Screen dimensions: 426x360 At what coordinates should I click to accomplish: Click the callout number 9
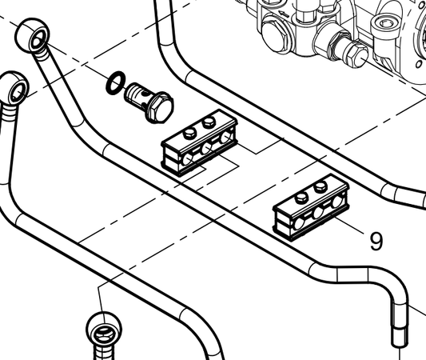(376, 241)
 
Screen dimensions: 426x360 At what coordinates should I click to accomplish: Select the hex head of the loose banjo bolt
(160, 108)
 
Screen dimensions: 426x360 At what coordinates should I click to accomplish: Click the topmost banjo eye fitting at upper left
(33, 34)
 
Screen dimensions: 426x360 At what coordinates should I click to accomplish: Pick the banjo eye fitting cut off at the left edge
(14, 87)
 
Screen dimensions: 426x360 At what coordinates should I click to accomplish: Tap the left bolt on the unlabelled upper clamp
(189, 134)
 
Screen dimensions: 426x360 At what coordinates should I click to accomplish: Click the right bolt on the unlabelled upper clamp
(209, 122)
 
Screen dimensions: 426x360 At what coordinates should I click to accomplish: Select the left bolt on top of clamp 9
(302, 198)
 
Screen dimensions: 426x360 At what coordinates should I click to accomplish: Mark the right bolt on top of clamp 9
(320, 186)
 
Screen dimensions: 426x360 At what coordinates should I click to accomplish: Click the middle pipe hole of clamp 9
(318, 212)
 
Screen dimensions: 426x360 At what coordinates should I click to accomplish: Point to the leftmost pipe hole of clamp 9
(299, 222)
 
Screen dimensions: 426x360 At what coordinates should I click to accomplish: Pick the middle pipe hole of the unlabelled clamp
(206, 148)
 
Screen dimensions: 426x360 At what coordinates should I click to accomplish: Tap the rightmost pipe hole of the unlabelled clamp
(225, 138)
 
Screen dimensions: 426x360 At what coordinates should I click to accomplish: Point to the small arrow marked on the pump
(283, 14)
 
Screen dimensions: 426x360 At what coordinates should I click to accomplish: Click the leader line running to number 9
(349, 225)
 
